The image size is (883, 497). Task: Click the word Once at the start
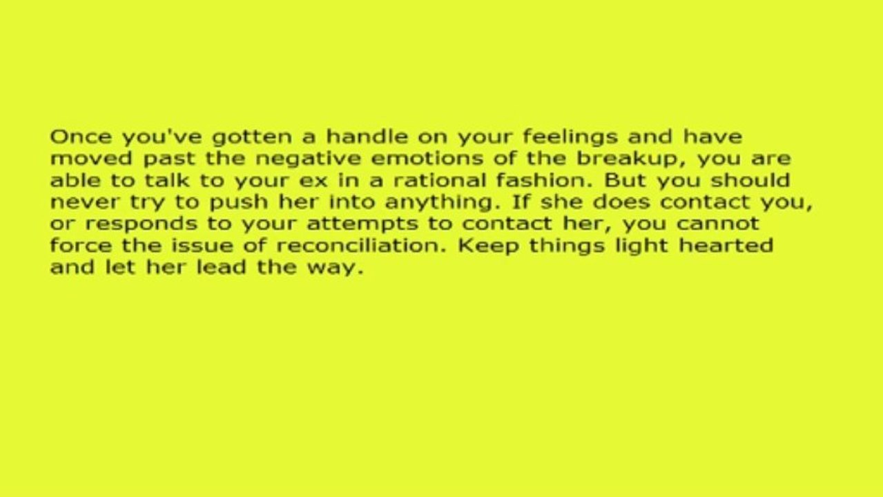pyautogui.click(x=73, y=136)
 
